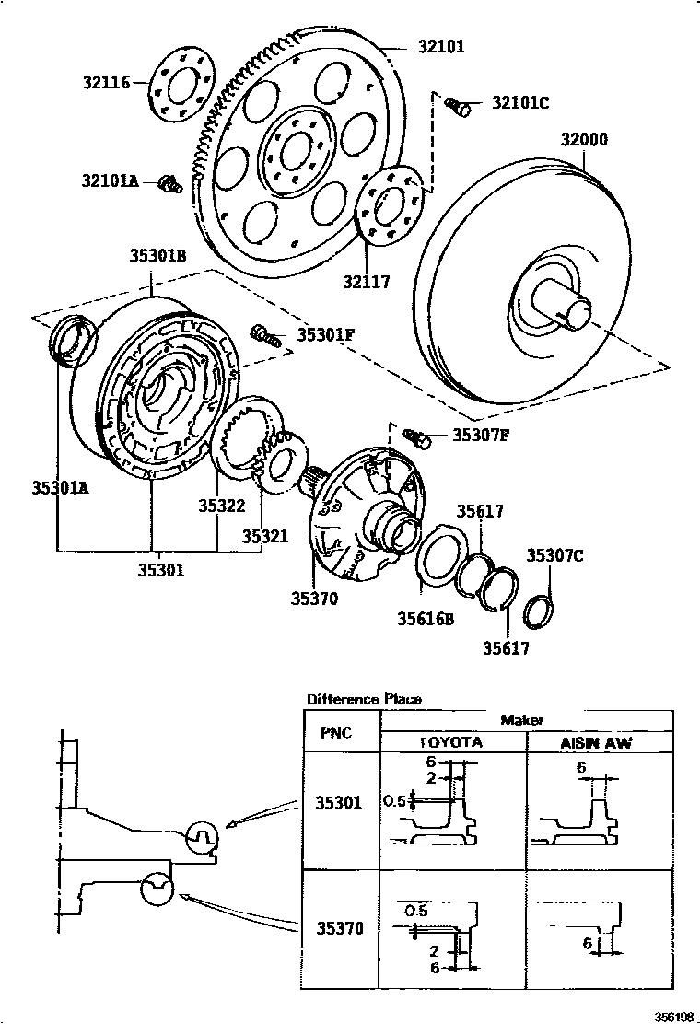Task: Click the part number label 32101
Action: [x=441, y=47]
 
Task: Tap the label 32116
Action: [x=107, y=82]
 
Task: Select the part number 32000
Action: [x=584, y=139]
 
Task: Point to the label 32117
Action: [x=367, y=282]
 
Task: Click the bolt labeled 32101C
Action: [x=459, y=106]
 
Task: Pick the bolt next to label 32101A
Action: [x=170, y=185]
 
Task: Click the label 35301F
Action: [x=326, y=335]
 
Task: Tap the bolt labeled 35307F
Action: [x=418, y=437]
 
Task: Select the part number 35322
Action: [x=222, y=506]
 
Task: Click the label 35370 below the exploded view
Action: [x=315, y=599]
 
